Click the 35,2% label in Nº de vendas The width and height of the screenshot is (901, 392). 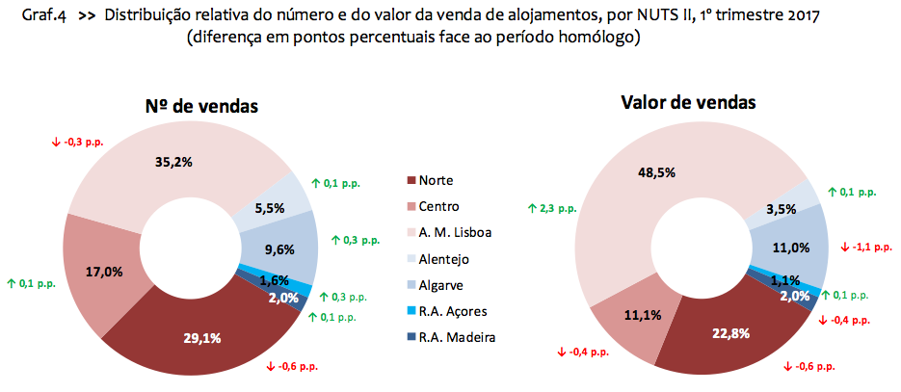[173, 162]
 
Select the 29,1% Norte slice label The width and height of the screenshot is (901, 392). [203, 338]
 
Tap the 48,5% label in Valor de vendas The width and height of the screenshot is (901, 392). [656, 172]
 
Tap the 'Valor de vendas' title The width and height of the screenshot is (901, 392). [688, 102]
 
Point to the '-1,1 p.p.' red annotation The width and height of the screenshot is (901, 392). [868, 247]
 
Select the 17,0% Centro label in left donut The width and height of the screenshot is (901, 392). [104, 272]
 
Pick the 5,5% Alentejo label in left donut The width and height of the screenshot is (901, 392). [269, 206]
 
